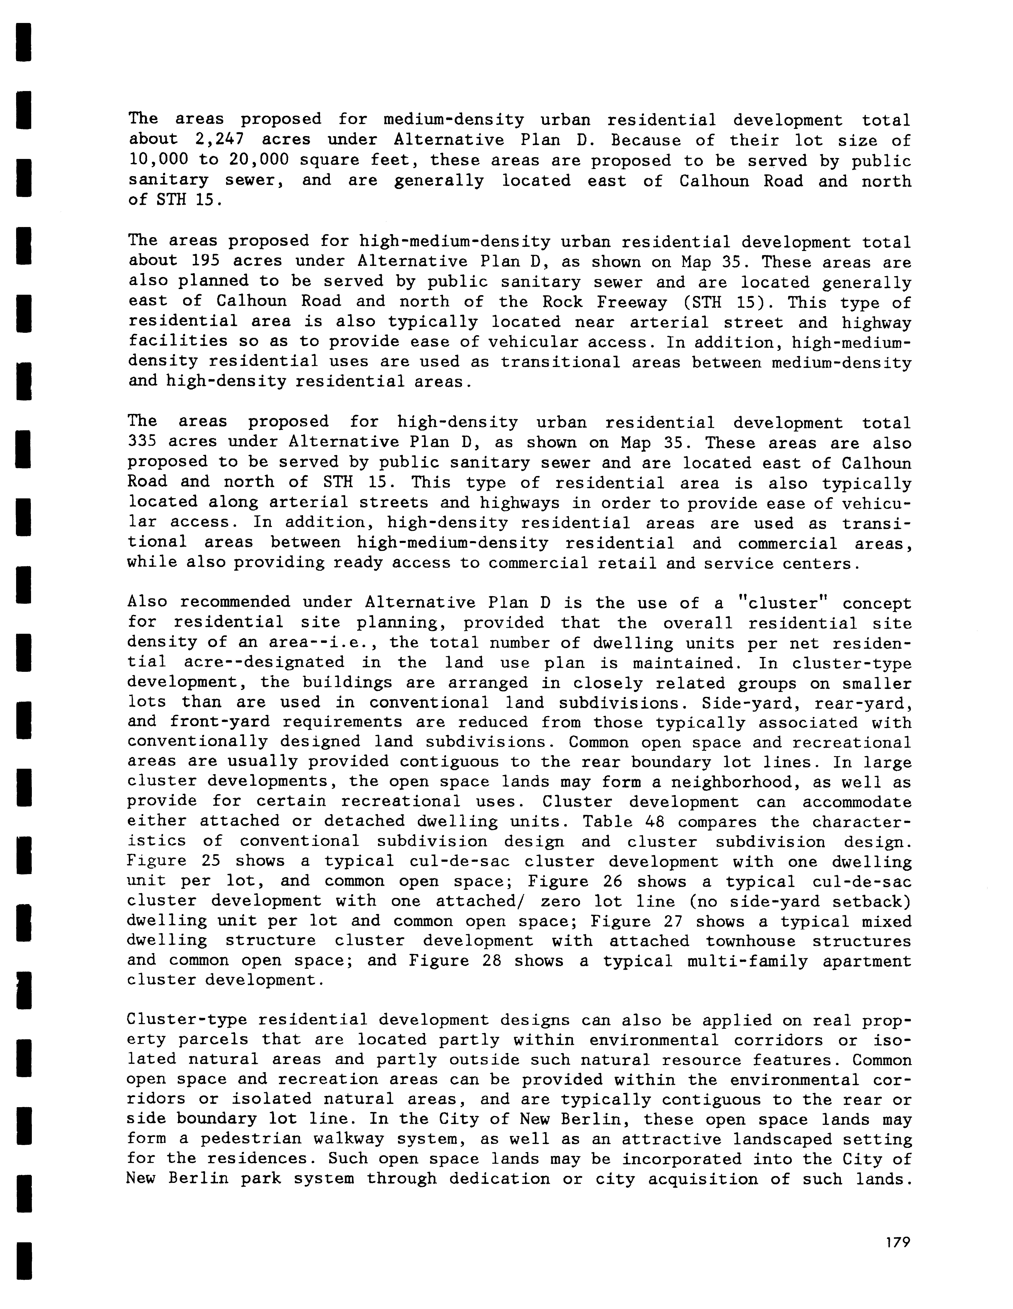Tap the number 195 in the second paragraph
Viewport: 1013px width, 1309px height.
click(x=204, y=261)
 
